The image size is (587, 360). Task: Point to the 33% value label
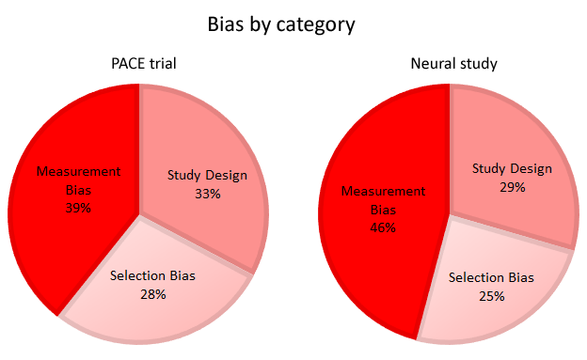pos(207,194)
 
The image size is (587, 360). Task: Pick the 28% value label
pos(152,294)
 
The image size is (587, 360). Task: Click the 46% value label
pos(383,227)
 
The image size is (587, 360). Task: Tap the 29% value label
pos(513,187)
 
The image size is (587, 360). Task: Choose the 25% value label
pos(491,296)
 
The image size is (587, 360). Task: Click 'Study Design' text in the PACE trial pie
pos(207,176)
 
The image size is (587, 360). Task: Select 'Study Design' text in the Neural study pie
pos(513,169)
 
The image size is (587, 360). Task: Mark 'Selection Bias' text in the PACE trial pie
pos(152,276)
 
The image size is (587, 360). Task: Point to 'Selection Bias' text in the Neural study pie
pos(491,278)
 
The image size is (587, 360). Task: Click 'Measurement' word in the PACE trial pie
pos(79,172)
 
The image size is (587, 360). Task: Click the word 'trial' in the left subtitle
pos(161,64)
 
